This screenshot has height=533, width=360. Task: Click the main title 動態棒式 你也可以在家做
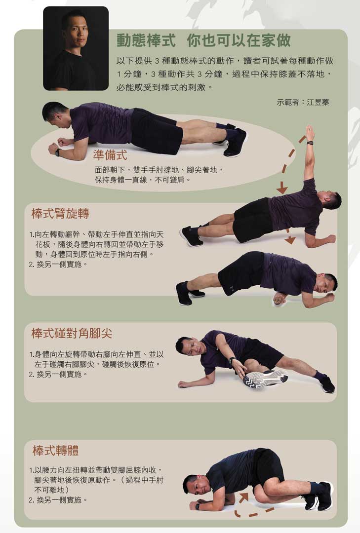203,40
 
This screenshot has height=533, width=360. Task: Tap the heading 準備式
110,155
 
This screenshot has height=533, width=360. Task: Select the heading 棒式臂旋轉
60,214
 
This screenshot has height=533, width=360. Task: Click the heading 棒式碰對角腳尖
72,334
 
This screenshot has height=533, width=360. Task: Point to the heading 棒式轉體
56,451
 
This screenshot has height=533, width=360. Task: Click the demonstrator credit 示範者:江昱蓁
303,102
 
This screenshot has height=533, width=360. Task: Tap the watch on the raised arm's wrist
310,143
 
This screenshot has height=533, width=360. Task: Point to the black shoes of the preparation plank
234,142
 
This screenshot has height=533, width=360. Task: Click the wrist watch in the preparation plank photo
58,152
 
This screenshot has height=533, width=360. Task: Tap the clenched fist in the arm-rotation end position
280,298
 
